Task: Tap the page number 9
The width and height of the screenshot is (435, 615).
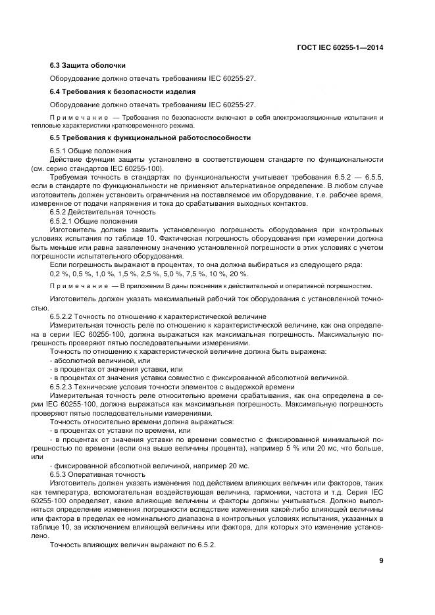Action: point(381,560)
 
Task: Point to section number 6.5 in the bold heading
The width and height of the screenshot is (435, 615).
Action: point(56,137)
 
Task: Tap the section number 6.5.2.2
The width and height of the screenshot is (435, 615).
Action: point(64,316)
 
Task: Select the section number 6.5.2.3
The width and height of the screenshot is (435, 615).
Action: point(64,387)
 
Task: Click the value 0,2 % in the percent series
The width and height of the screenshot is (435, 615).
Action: point(59,273)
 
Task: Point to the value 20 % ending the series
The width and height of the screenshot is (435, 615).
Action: point(239,273)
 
